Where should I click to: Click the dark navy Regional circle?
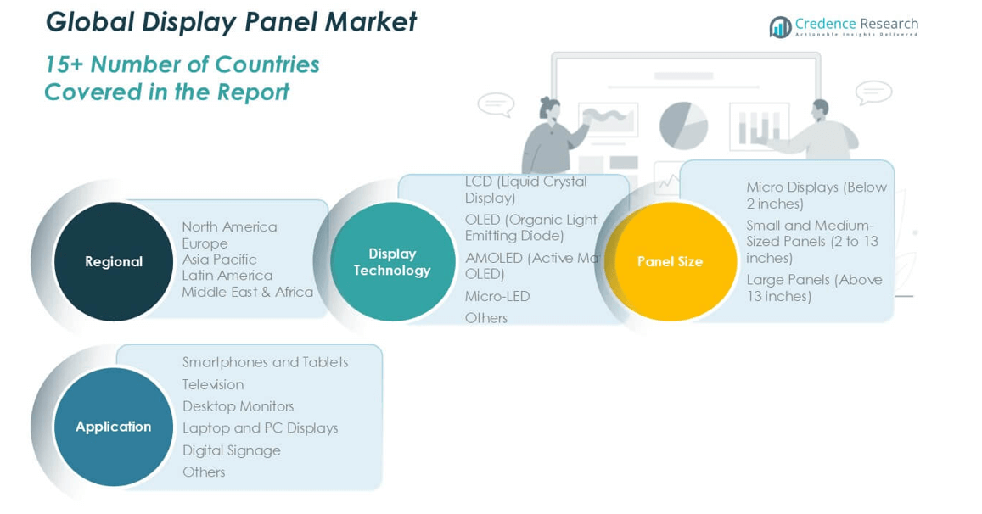pos(114,261)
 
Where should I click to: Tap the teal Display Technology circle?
pos(392,261)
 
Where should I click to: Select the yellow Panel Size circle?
pos(671,261)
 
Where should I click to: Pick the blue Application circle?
pos(114,427)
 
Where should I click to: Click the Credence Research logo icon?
pos(780,27)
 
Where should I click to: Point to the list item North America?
pos(229,226)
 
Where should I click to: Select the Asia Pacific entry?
pos(219,259)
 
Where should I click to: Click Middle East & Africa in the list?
pos(247,292)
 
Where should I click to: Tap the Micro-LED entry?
pos(497,296)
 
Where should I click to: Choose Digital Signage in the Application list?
pos(231,450)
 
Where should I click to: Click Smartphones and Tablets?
pos(265,362)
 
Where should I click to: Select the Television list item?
pos(212,384)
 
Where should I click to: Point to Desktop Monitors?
pos(238,406)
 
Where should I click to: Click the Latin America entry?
pos(227,275)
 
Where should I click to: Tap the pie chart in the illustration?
pos(683,126)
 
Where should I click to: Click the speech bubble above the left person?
pos(496,104)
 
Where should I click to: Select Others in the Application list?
pos(204,472)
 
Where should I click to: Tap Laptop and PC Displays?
pos(260,428)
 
